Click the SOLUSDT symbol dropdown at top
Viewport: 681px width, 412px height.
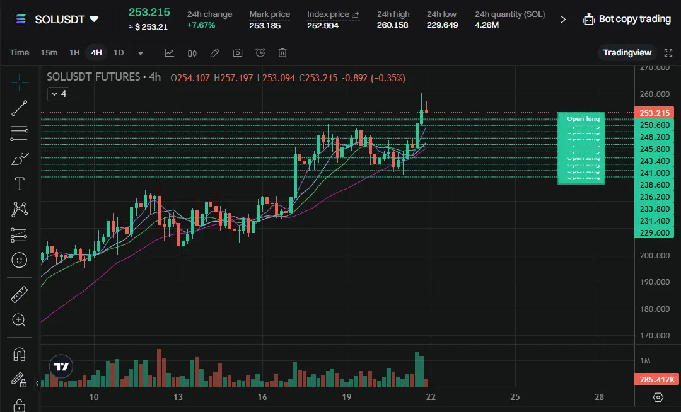coord(66,19)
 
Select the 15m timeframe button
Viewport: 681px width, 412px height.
coord(49,53)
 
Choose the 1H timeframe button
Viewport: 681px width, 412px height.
coord(74,53)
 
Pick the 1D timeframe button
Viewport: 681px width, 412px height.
coord(119,53)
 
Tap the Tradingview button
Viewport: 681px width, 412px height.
coord(627,52)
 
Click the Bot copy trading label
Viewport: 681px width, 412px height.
coord(634,19)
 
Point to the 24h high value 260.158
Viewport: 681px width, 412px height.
coord(392,25)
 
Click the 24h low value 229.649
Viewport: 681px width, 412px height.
coord(442,25)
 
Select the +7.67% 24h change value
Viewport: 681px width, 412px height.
coord(201,25)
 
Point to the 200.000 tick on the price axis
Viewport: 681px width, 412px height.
coord(654,255)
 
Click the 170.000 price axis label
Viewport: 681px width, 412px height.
coord(654,336)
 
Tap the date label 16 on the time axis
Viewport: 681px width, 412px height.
coord(262,397)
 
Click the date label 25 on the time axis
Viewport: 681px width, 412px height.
coord(515,397)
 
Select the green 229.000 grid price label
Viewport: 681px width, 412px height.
coord(654,233)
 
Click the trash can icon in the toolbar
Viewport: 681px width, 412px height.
coord(282,53)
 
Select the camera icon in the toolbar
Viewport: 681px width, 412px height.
coord(237,53)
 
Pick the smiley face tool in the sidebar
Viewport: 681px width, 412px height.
coord(20,259)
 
